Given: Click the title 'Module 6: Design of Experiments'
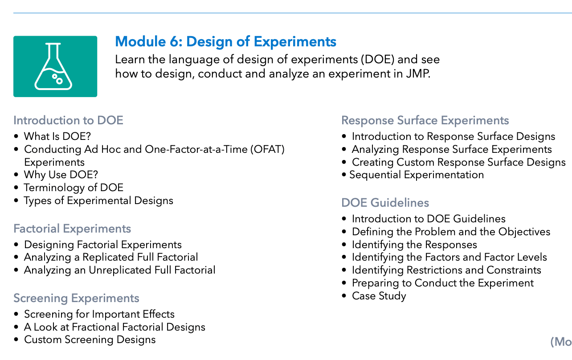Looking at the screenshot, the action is tap(225, 41).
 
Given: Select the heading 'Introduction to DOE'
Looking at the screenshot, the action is tap(68, 120).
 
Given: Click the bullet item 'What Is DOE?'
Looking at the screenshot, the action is tap(57, 136).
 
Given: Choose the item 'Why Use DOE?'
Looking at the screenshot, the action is tap(61, 175).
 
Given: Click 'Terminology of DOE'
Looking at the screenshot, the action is tap(74, 188).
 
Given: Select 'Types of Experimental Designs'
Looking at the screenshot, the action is tap(98, 200).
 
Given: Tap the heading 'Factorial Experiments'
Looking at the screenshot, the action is tap(72, 229).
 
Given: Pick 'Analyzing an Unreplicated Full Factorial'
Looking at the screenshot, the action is tap(120, 270).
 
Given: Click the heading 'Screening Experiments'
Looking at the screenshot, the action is tap(76, 298).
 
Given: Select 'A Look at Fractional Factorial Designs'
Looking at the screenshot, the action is tap(114, 327).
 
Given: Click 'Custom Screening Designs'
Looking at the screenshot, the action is tap(90, 340).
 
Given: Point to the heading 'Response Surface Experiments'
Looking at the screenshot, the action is tap(425, 120).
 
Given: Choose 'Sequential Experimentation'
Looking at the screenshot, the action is tap(417, 175).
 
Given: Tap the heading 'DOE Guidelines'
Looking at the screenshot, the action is tap(385, 203).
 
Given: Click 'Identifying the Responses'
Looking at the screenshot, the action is tap(414, 245).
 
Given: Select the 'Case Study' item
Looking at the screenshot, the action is tap(379, 296).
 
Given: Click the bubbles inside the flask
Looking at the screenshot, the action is tap(57, 79).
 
